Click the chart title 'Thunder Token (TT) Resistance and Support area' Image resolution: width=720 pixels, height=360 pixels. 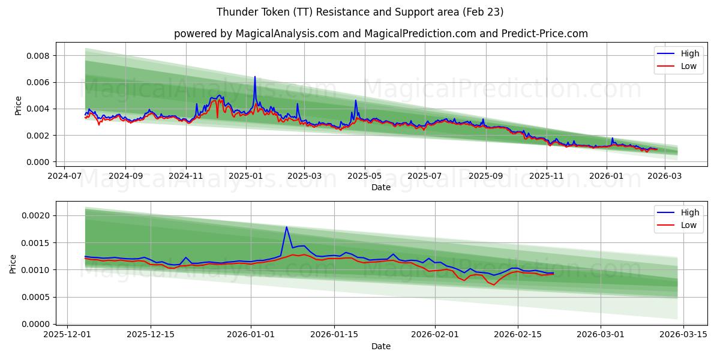coord(360,12)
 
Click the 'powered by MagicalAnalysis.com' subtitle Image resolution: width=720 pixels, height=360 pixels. coord(381,34)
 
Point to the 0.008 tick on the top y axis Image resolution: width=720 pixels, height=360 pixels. coord(37,56)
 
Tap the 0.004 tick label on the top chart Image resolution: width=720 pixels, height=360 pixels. coord(37,109)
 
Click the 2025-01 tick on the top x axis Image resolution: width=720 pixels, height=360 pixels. coord(246,177)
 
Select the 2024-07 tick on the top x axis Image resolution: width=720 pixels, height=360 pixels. coord(65,177)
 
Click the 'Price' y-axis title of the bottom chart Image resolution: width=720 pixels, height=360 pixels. coord(13,264)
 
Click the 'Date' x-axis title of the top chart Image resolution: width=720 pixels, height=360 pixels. coord(380,187)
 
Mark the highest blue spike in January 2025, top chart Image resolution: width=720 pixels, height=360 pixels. coord(255,77)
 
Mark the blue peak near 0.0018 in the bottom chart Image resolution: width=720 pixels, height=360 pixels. coord(287,227)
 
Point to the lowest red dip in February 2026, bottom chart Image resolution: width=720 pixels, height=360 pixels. coord(494,284)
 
